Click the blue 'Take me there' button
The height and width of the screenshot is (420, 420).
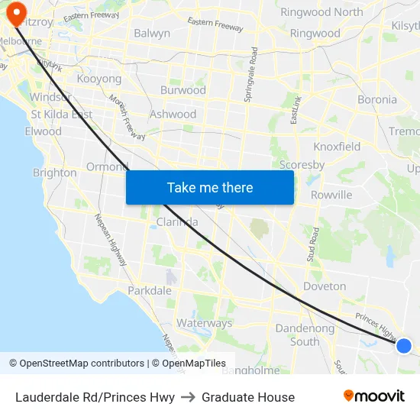210,187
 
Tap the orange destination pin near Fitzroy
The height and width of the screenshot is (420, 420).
14,11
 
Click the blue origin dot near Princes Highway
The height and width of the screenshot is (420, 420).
404,346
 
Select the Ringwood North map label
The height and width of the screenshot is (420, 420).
321,12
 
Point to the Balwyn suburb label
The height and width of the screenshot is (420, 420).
152,34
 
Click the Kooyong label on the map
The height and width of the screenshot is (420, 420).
99,79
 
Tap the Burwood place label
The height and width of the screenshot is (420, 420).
183,90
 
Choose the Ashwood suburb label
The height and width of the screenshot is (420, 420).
173,115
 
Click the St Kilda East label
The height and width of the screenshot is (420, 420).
62,115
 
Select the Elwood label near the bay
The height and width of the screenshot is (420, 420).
43,131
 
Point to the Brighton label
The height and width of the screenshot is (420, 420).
54,173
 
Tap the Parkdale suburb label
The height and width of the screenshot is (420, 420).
150,291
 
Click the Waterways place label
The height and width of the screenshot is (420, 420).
204,323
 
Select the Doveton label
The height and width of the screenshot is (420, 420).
325,286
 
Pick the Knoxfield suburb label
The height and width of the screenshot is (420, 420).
337,146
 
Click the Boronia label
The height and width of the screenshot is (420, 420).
377,99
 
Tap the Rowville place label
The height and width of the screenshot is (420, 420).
331,195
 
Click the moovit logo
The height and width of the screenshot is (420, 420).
373,396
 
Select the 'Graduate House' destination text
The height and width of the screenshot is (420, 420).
248,397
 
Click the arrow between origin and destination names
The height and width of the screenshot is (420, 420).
188,397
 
